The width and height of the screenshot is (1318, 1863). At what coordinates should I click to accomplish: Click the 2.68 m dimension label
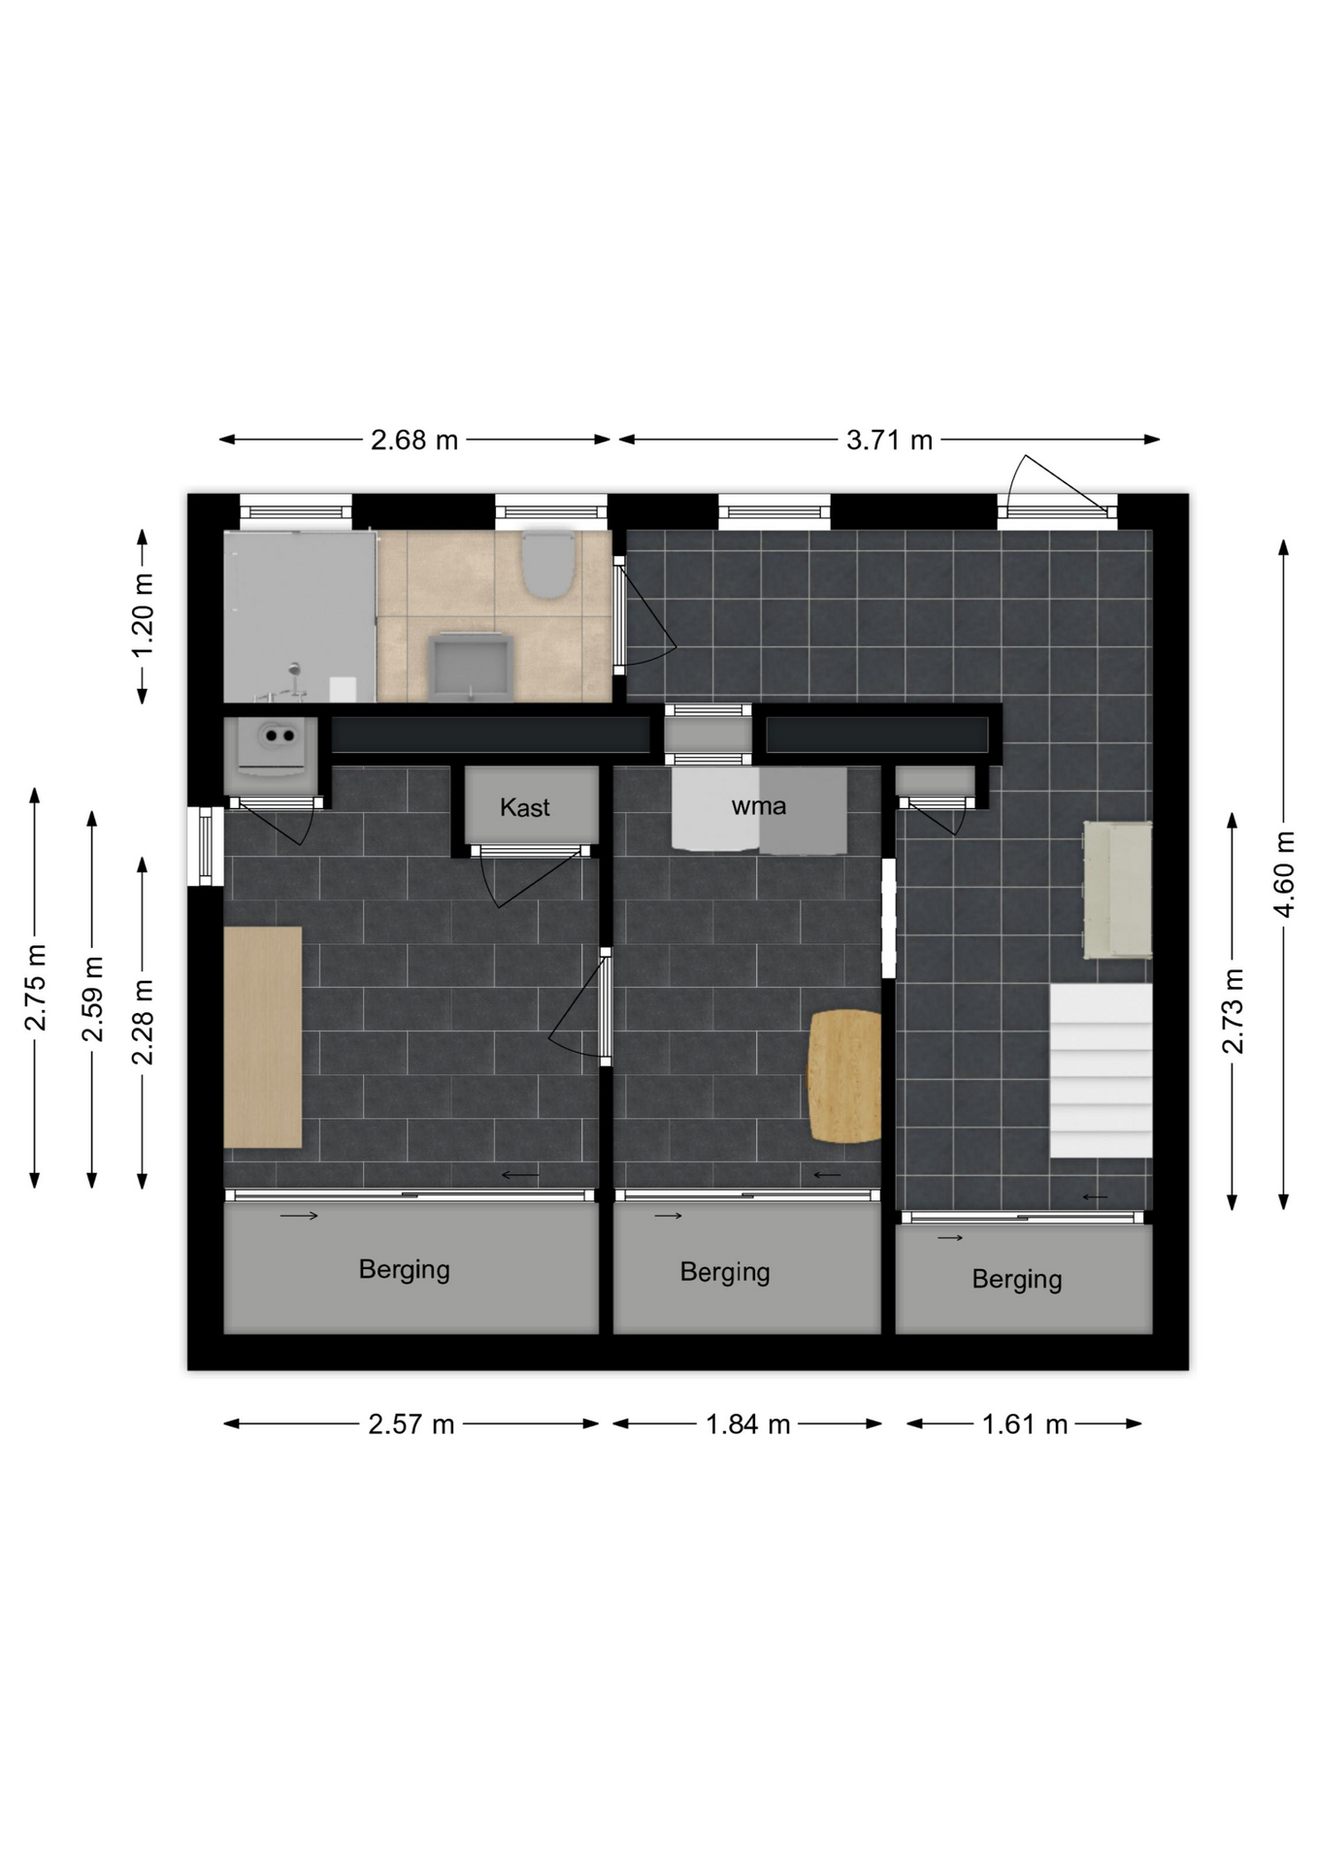(413, 441)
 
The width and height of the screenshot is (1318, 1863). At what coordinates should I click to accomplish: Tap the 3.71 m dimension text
(889, 441)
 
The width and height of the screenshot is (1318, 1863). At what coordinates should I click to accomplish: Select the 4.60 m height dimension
(1284, 874)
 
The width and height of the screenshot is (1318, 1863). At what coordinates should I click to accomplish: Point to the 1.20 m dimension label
(143, 615)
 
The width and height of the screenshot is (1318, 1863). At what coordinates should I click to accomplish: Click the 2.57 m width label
(411, 1424)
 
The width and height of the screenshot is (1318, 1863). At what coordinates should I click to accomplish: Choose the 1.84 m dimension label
(747, 1424)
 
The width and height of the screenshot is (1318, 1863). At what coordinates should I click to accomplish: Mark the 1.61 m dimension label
(1024, 1424)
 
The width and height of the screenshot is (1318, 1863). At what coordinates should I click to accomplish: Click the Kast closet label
(525, 807)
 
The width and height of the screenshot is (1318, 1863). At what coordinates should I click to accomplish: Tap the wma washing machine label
(759, 806)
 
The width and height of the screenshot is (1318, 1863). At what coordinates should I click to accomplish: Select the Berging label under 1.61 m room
(1017, 1279)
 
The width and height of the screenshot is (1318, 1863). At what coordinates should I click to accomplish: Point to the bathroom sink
(472, 667)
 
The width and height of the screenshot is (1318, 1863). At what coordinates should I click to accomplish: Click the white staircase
(1101, 1070)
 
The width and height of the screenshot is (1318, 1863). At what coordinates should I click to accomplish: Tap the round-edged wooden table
(844, 1076)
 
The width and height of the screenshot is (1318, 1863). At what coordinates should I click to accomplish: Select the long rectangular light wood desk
(263, 1037)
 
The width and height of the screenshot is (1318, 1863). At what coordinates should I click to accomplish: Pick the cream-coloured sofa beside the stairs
(1117, 890)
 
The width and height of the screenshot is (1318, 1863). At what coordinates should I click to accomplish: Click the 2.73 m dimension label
(1233, 1010)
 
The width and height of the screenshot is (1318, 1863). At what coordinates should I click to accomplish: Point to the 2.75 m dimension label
(35, 987)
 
